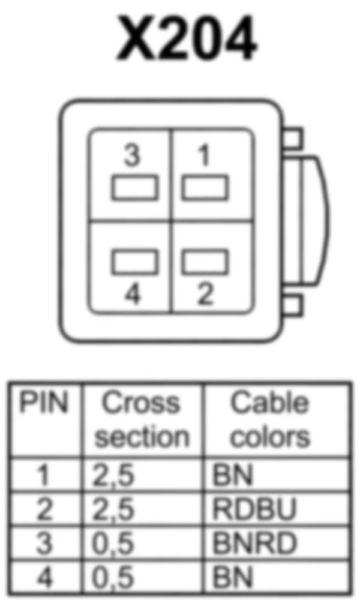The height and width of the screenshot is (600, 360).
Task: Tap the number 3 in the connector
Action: (132, 156)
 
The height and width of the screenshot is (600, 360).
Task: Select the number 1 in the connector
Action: (205, 156)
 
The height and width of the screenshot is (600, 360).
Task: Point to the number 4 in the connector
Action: (133, 295)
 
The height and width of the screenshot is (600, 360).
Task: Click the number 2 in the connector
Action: (205, 295)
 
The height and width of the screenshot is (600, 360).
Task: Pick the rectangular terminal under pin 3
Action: (135, 188)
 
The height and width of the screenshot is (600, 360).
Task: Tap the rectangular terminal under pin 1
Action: (205, 188)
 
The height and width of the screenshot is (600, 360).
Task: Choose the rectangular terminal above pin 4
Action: (135, 262)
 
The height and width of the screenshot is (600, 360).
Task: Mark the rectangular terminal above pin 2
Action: (205, 262)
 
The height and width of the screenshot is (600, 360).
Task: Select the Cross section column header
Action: (142, 420)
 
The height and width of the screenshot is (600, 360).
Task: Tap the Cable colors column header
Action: (270, 420)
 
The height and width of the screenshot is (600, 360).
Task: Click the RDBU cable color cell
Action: (254, 510)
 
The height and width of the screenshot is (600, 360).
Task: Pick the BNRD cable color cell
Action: (254, 544)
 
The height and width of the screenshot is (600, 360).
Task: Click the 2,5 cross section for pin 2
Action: (113, 510)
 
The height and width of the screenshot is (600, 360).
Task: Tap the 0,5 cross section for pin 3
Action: (113, 544)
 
